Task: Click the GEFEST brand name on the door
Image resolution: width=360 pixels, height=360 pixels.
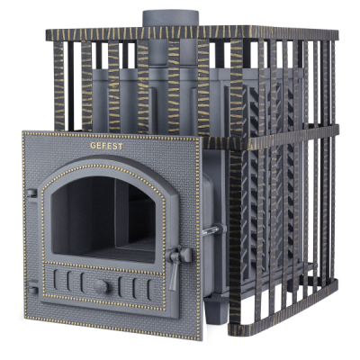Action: [106, 146]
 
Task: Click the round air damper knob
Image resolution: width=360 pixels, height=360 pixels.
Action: [102, 286]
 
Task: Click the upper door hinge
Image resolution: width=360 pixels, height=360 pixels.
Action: [31, 193]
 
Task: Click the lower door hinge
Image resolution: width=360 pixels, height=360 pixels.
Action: [32, 286]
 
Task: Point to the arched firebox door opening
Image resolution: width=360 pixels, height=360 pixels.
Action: [103, 219]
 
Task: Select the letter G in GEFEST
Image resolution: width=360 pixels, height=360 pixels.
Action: [94, 146]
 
